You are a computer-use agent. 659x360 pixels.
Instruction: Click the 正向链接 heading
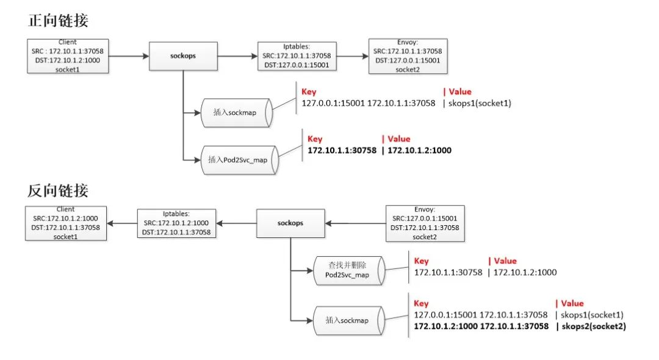pyautogui.click(x=58, y=20)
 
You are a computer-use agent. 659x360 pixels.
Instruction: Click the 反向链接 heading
pyautogui.click(x=58, y=190)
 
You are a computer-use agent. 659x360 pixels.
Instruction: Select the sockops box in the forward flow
pyautogui.click(x=183, y=56)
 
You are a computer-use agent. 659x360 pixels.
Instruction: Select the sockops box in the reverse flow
pyautogui.click(x=290, y=223)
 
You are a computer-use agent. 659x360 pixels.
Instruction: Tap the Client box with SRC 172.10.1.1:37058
pyautogui.click(x=67, y=56)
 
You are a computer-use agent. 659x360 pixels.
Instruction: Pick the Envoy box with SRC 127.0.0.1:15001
pyautogui.click(x=425, y=223)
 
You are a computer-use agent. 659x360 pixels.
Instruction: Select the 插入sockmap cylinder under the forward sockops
pyautogui.click(x=237, y=113)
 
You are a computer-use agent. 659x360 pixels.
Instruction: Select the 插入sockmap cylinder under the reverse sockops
pyautogui.click(x=348, y=320)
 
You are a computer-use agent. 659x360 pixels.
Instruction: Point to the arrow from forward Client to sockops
pyautogui.click(x=129, y=56)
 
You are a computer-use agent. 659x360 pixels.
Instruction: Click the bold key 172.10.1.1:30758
pyautogui.click(x=342, y=150)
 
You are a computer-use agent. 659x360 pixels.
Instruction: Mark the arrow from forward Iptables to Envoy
pyautogui.click(x=352, y=56)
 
